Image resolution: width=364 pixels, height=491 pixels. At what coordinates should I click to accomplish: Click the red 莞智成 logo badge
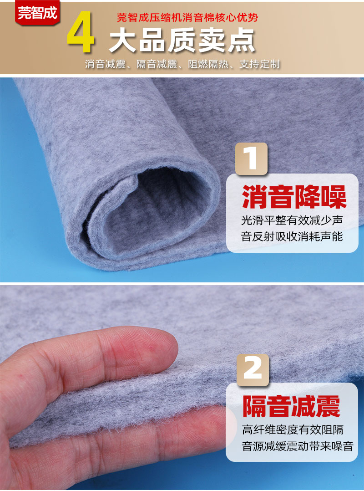tap(37, 12)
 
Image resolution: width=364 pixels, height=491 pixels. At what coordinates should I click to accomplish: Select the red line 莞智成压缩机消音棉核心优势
tap(187, 18)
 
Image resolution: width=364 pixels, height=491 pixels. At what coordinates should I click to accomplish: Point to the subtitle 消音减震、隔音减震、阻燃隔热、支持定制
tap(182, 64)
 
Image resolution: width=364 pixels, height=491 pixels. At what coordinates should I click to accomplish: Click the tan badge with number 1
tap(251, 158)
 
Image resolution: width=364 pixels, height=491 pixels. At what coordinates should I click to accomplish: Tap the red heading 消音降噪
tap(293, 196)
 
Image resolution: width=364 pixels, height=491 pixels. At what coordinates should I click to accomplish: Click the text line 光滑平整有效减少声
tap(292, 221)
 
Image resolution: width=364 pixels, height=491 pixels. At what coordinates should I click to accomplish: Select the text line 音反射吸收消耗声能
tap(292, 237)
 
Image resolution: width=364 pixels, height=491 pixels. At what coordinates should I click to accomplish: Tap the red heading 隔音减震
tap(291, 406)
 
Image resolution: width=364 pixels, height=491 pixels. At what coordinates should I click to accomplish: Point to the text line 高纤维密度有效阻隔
tap(293, 430)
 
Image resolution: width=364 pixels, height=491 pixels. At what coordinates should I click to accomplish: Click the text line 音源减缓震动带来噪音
tap(297, 446)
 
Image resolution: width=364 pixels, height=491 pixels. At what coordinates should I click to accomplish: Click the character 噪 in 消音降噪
tap(334, 196)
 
